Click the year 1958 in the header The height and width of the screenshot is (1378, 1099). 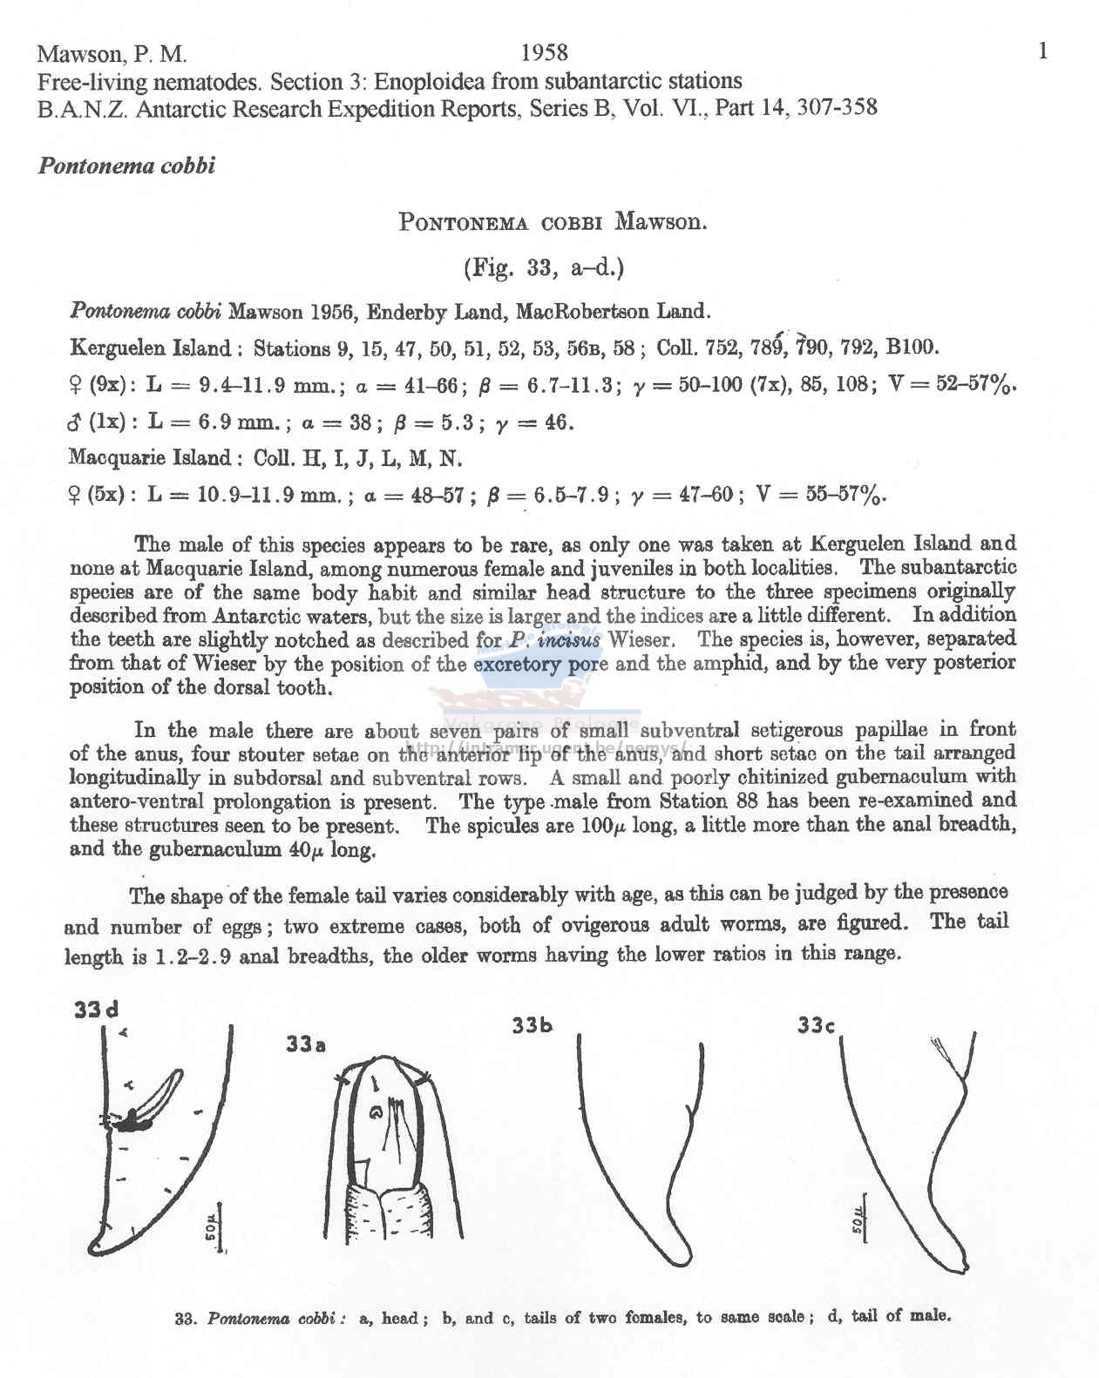(x=544, y=53)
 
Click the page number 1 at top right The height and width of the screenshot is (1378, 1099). (x=1043, y=51)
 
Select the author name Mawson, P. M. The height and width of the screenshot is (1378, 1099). (x=112, y=54)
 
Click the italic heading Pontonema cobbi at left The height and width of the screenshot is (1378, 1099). (x=126, y=165)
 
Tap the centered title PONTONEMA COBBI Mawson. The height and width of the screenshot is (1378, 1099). (x=553, y=221)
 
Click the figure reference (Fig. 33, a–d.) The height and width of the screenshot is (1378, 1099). (x=544, y=267)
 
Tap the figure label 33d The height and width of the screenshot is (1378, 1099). (x=96, y=1010)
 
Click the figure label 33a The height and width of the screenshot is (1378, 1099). (x=305, y=1044)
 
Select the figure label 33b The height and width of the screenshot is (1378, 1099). (x=532, y=1025)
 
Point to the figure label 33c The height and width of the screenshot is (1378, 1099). (x=817, y=1025)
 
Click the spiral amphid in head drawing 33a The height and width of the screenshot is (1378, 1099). (x=376, y=1112)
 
